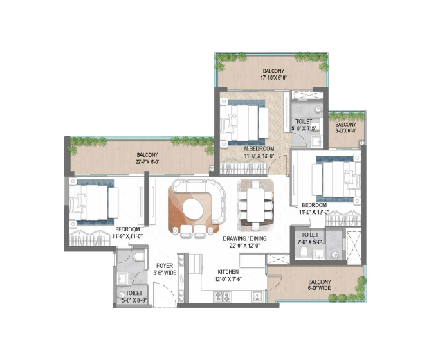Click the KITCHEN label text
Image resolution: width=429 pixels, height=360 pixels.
[x=228, y=272]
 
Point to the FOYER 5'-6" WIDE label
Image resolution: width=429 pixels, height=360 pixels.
[x=164, y=269]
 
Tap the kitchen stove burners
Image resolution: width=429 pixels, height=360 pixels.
[x=223, y=296]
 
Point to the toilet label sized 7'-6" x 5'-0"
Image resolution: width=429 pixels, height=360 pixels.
[x=309, y=238]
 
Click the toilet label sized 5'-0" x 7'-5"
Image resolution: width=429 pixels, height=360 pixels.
[x=304, y=125]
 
